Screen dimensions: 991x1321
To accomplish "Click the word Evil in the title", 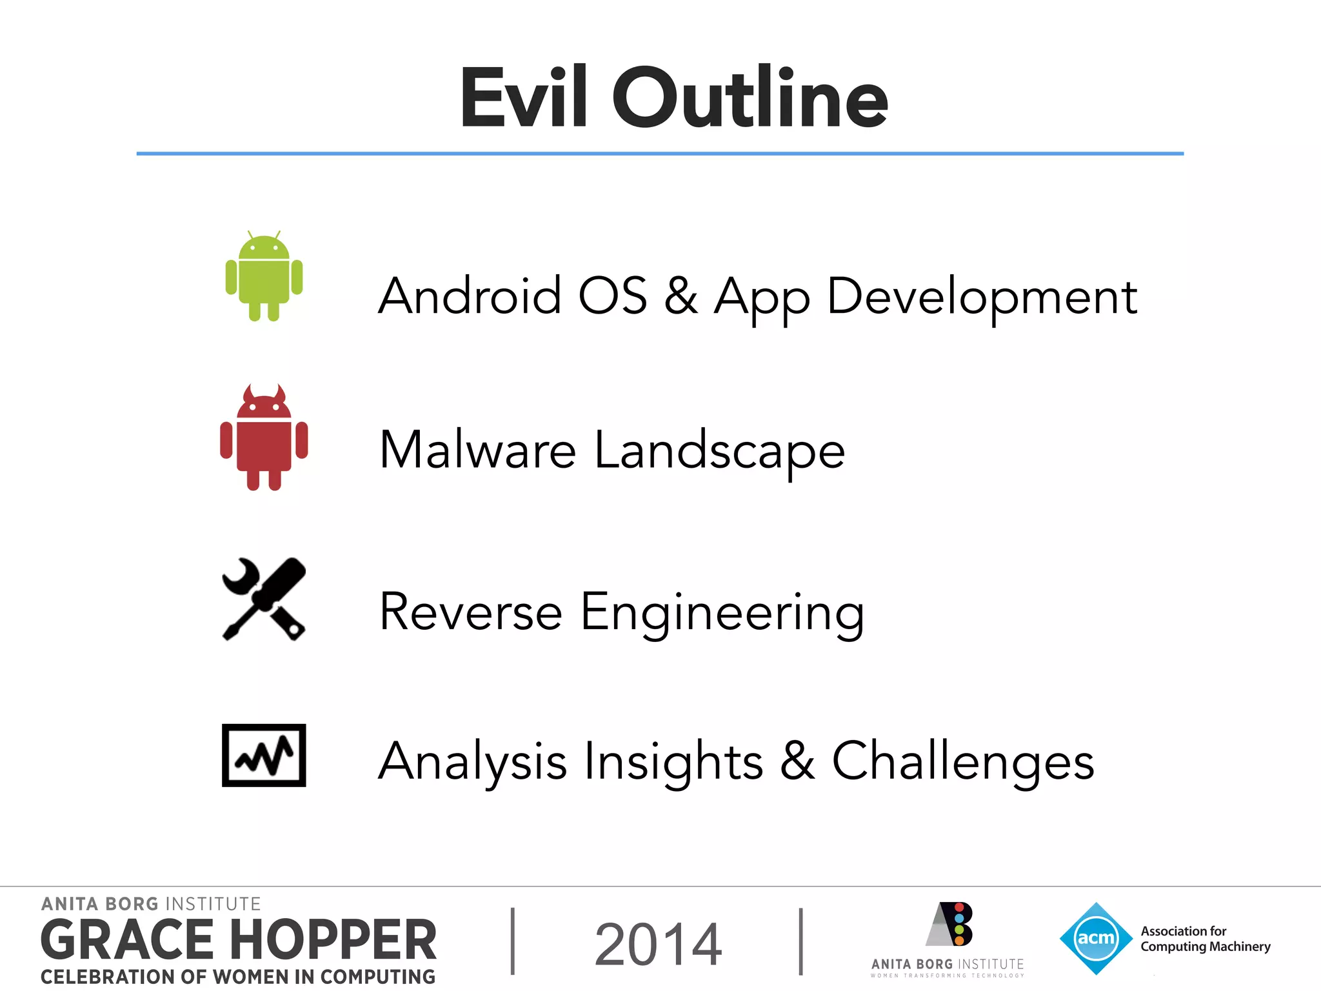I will tap(523, 98).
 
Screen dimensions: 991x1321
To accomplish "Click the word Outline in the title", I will tap(750, 98).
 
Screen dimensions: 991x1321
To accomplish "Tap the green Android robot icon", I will tap(264, 276).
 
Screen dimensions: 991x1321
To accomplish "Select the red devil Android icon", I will tap(264, 438).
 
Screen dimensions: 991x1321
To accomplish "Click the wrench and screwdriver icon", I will tap(264, 599).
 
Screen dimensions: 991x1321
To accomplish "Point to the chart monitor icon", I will tap(264, 755).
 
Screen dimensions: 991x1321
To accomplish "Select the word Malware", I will tap(477, 450).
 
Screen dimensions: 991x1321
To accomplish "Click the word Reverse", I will tap(471, 612).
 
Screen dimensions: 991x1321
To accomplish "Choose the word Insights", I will tap(673, 761).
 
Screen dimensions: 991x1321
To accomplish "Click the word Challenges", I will tap(962, 761).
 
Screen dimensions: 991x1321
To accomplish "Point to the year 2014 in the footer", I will tap(658, 945).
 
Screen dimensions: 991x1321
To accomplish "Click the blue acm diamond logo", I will tap(1096, 938).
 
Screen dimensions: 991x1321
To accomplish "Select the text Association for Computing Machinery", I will tap(1205, 939).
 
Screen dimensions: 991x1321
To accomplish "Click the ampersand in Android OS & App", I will tap(680, 296).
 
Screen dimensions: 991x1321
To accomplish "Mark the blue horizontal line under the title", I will tap(660, 154).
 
